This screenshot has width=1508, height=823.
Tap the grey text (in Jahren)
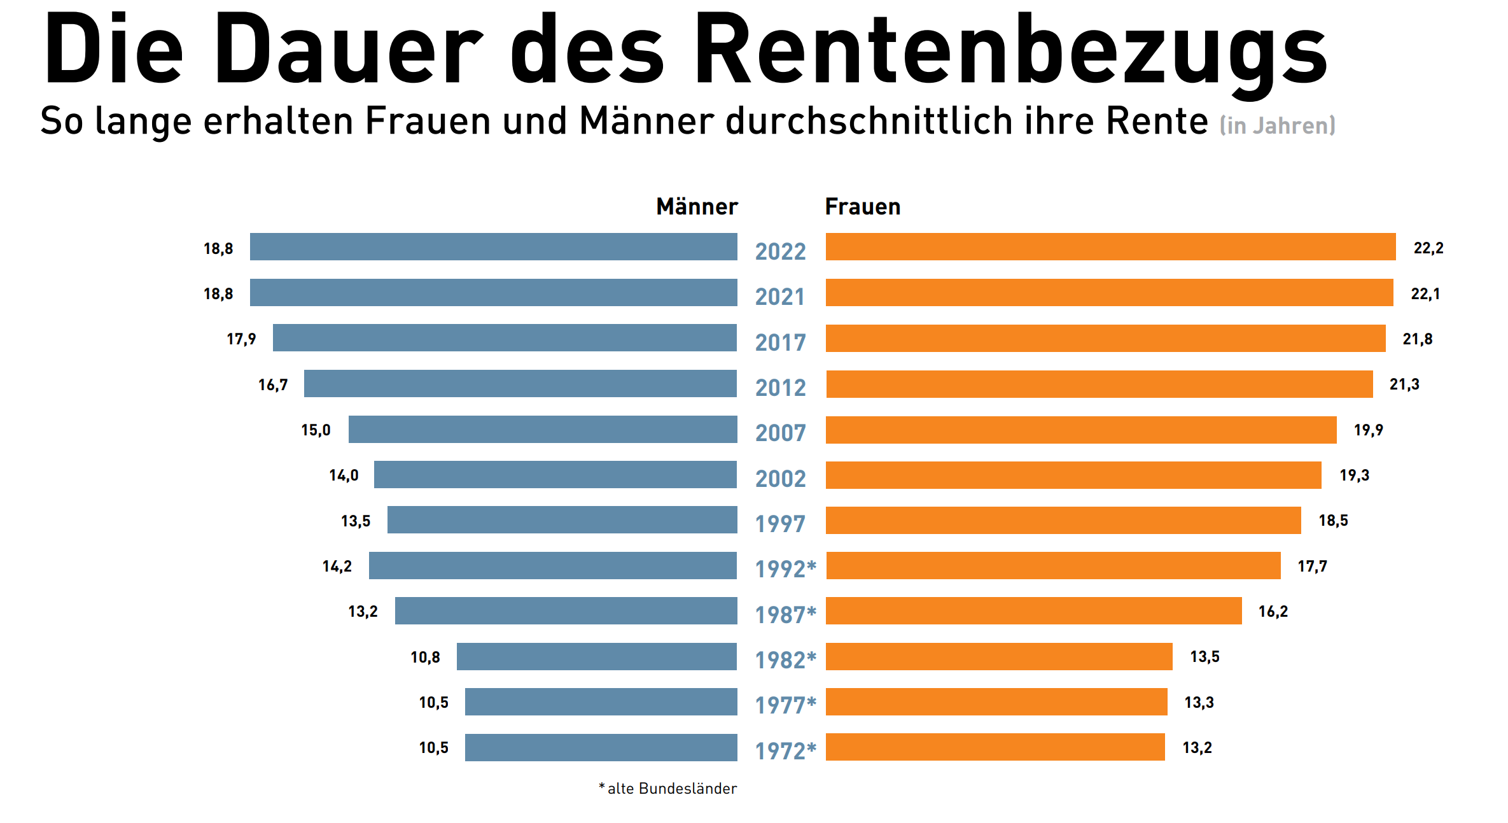[1277, 125]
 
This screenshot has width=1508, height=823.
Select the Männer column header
[697, 207]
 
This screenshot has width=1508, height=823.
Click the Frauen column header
[862, 207]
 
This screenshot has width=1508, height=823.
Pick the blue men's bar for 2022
[493, 247]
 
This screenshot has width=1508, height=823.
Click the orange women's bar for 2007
[1080, 430]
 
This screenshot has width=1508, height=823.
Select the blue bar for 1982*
[596, 657]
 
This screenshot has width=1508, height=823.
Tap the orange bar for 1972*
[995, 747]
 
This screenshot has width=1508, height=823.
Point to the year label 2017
[780, 342]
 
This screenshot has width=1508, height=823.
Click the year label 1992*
[785, 569]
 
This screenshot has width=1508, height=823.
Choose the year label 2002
[780, 479]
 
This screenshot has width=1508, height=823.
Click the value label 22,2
[1428, 248]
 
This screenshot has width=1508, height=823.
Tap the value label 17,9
[241, 339]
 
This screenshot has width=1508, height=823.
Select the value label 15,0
[316, 430]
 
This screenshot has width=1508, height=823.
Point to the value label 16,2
[1273, 612]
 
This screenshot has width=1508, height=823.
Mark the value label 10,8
[425, 658]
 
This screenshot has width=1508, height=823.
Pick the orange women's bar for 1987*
[1033, 611]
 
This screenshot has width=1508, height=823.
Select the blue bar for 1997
[562, 520]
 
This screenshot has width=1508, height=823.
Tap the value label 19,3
[1354, 475]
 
